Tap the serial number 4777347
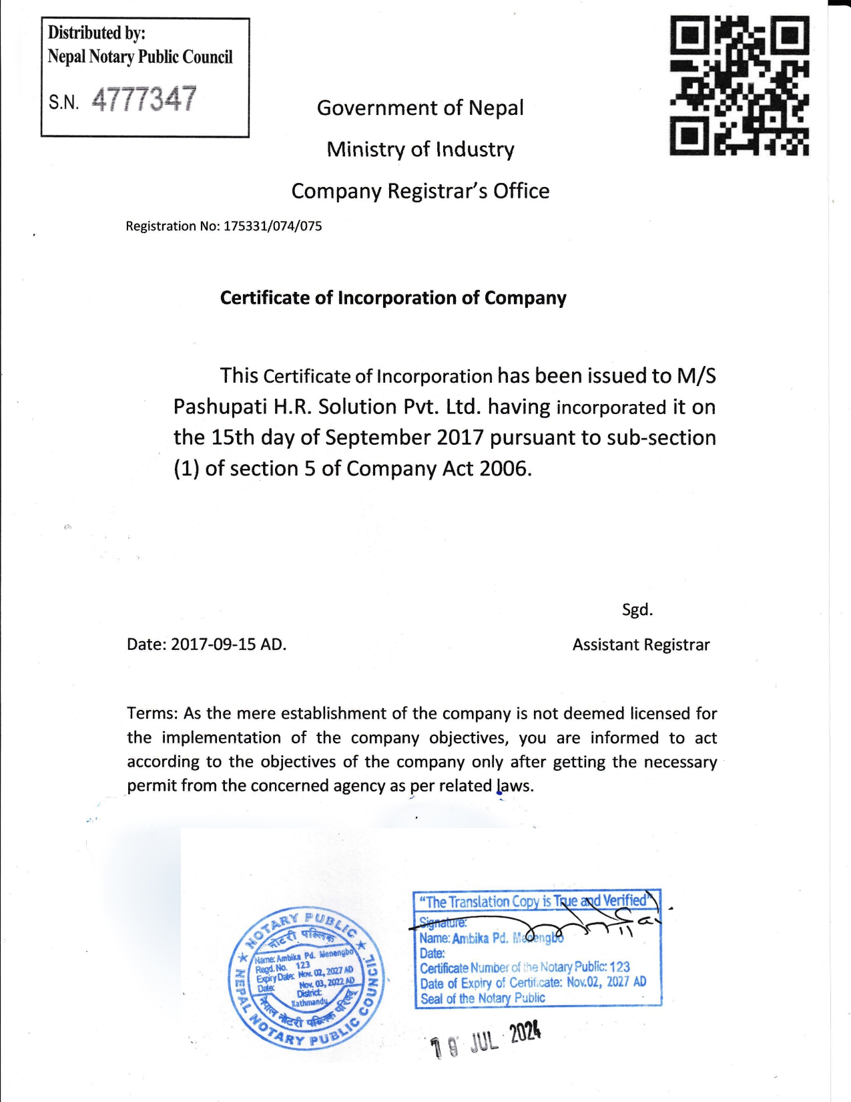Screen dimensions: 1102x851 (x=144, y=100)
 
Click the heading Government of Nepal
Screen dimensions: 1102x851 (x=420, y=108)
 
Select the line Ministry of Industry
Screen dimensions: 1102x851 (x=420, y=149)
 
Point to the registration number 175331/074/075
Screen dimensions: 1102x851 (x=272, y=226)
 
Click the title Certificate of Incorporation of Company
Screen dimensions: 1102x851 (x=393, y=298)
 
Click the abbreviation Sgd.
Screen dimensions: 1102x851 (x=637, y=610)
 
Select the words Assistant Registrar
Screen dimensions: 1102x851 (x=641, y=645)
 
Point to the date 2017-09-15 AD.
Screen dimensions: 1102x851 (x=228, y=645)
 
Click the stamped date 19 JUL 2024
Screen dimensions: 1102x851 (x=485, y=1040)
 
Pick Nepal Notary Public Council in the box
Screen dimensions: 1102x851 (x=140, y=57)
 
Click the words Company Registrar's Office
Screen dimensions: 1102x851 (x=420, y=191)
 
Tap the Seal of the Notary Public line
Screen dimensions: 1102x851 (x=483, y=998)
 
